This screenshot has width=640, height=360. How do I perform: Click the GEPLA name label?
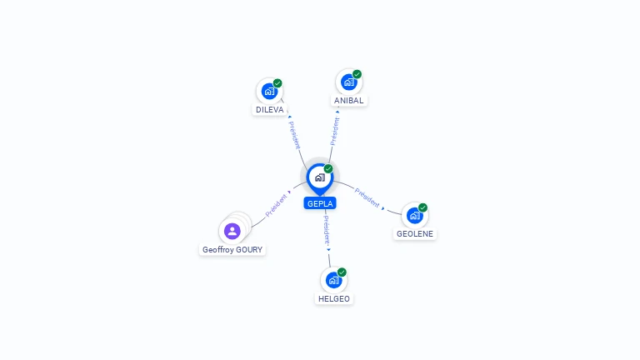coord(320,203)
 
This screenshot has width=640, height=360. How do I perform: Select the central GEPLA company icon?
coord(319,177)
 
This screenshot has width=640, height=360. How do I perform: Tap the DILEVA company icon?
coord(268,91)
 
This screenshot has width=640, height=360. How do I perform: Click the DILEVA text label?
coord(270,109)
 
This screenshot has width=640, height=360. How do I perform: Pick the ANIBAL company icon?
coord(348,82)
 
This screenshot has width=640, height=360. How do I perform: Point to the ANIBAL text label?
coord(349,100)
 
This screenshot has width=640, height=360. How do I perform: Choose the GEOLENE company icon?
coord(414,216)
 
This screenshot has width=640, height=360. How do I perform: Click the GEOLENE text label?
coord(415,234)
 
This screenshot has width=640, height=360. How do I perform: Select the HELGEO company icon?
coord(333,280)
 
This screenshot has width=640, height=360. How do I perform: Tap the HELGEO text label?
coord(334,298)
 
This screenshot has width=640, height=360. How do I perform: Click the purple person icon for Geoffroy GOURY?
coord(232,231)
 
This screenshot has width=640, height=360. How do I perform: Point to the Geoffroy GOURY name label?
coord(232,249)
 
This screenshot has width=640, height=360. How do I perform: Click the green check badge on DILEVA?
coord(277,83)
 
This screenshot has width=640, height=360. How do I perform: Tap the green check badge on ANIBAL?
coord(357,74)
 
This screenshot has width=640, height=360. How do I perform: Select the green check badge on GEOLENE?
coord(422,207)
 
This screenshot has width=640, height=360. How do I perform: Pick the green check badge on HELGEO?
coord(342,272)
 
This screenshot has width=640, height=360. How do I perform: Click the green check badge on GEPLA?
coord(328,168)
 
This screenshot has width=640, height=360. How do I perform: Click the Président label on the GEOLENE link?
coord(367,197)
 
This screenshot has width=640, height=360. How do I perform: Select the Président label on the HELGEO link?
coord(327,228)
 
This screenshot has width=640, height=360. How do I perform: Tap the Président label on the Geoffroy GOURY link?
coord(276,205)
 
